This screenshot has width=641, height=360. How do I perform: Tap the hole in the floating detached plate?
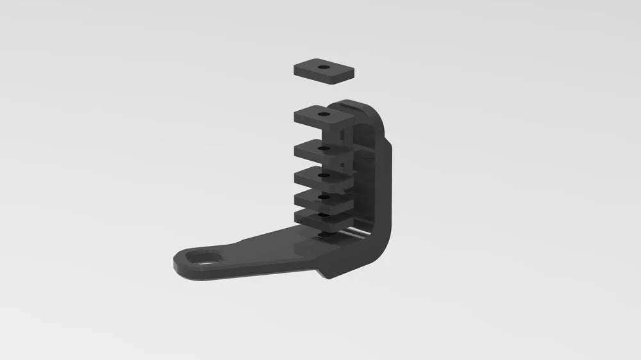click(324, 66)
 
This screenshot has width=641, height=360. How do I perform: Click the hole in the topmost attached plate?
click(325, 114)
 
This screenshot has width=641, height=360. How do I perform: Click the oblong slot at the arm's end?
click(204, 258)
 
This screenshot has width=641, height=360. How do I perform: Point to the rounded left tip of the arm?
click(179, 263)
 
